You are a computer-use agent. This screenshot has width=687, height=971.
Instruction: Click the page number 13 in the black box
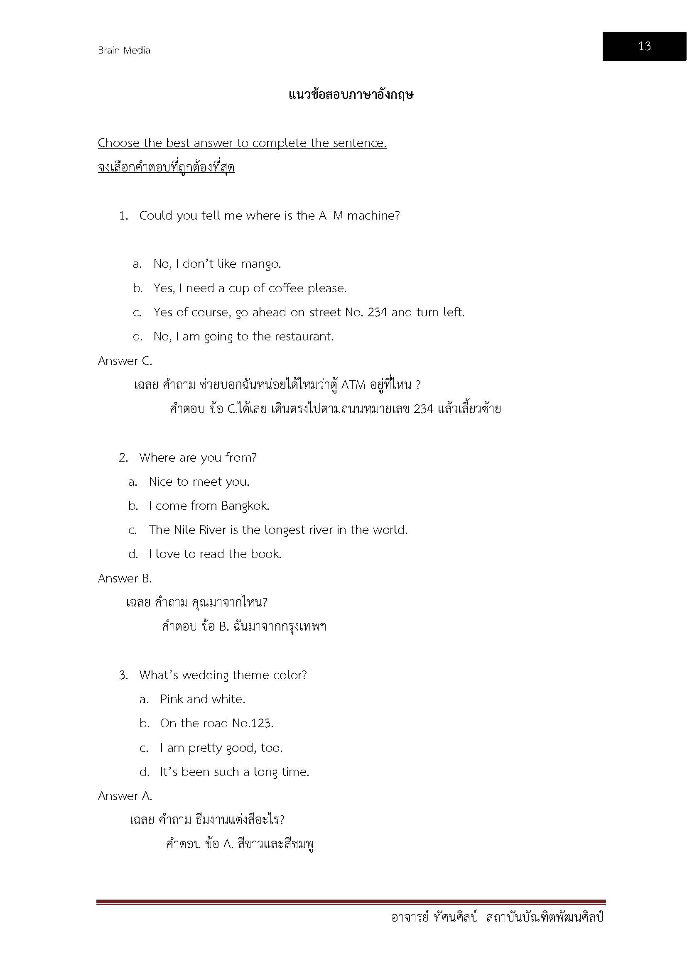pyautogui.click(x=644, y=46)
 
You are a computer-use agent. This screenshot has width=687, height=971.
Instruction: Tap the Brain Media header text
pyautogui.click(x=124, y=50)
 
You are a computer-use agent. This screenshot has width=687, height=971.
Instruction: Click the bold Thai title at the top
pyautogui.click(x=351, y=95)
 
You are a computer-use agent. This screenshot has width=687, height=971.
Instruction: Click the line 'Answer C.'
pyautogui.click(x=125, y=361)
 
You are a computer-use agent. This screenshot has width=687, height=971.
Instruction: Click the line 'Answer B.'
pyautogui.click(x=125, y=578)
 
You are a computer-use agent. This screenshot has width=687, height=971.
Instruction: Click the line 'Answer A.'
pyautogui.click(x=125, y=796)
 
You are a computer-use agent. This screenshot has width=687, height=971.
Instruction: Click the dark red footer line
pyautogui.click(x=351, y=902)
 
